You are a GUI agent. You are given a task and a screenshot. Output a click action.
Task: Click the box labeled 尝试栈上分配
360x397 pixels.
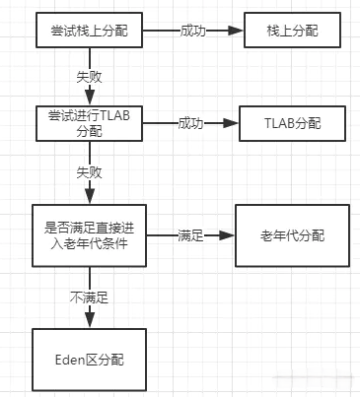point(91,32)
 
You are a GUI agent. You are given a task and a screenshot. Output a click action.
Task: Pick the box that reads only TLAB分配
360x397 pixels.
point(293,124)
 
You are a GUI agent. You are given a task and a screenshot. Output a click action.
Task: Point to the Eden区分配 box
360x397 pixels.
point(91,360)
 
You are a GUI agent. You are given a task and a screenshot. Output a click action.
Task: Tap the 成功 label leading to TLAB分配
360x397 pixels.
point(191,124)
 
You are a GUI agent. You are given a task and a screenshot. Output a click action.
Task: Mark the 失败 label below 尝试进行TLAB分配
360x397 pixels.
point(91,171)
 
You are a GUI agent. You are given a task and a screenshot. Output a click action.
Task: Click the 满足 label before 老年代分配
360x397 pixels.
point(190,235)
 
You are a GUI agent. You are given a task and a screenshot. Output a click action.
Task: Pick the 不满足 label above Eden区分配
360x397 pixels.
point(91,295)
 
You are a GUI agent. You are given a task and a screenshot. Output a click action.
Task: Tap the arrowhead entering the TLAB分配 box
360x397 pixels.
point(232,124)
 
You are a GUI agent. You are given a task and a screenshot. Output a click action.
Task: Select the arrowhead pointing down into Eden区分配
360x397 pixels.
point(91,318)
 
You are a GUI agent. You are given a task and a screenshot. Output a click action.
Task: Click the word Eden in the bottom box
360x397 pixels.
point(75,360)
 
